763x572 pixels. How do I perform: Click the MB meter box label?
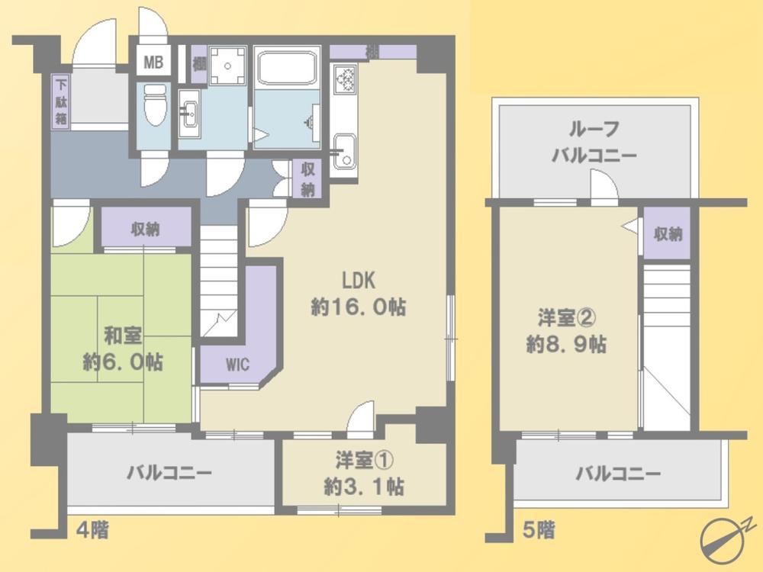153,63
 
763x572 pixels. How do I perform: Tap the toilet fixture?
156,104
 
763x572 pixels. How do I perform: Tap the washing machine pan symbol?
227,65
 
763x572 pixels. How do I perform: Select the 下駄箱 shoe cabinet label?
61,102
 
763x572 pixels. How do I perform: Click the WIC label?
237,365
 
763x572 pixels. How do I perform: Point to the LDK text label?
359,281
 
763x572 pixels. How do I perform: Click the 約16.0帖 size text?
358,307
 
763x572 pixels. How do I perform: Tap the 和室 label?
123,336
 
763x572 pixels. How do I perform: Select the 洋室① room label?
364,461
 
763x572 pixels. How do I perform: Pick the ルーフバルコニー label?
594,142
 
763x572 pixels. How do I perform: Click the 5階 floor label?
539,530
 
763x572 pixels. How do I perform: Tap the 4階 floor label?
92,529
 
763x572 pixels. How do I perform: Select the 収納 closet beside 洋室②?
668,234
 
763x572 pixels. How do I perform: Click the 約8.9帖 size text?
566,345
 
